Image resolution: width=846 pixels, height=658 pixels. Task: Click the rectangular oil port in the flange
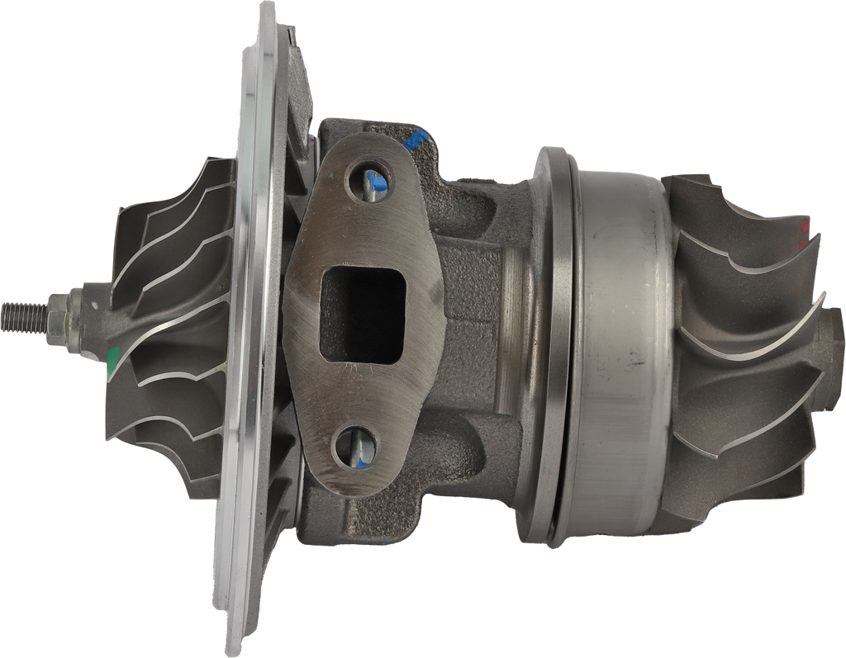(x=362, y=315)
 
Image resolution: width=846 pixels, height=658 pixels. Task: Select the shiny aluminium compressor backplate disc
(x=248, y=330)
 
